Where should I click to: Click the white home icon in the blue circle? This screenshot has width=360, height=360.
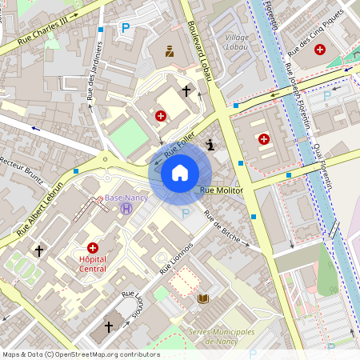click(179, 173)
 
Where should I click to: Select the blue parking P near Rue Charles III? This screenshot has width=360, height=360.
click(125, 28)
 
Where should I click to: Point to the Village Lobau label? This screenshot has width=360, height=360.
click(237, 42)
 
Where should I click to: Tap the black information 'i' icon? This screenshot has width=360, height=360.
click(210, 145)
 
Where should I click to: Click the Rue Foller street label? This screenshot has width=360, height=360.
click(179, 145)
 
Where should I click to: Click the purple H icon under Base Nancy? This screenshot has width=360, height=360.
click(126, 209)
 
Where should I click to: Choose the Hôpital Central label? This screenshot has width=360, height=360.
click(94, 264)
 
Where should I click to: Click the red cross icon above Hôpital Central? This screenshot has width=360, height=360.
click(93, 249)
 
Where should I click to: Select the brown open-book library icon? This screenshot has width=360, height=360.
click(203, 299)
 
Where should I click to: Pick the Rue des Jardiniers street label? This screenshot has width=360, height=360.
click(93, 81)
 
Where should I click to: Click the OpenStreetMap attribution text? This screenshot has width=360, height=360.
click(81, 354)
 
